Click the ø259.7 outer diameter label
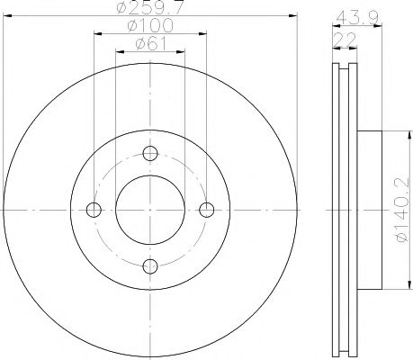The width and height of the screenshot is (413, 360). coord(149,7)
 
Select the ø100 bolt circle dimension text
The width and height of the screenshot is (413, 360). coord(150,25)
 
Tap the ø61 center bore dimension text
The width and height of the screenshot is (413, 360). coord(150,44)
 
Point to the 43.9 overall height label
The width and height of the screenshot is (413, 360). coord(357,18)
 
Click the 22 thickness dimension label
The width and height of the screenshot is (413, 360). coord(345,40)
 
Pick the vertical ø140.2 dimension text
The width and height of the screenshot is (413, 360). coord(402,210)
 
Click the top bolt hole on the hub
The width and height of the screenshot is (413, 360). coord(150,154)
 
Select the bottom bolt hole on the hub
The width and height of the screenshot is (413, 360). coord(150,266)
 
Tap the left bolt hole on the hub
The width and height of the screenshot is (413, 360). coord(94,210)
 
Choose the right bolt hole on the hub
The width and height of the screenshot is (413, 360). coord(207,210)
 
